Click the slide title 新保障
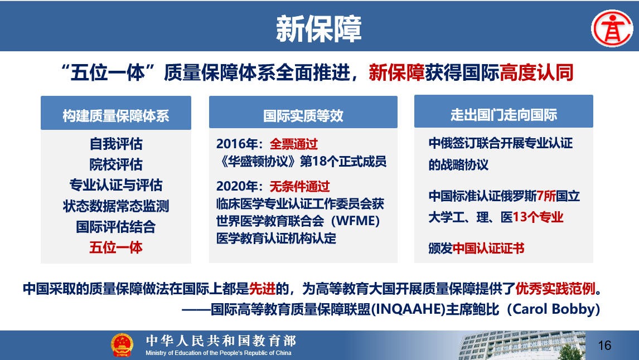pyautogui.click(x=319, y=29)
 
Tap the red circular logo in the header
pyautogui.click(x=612, y=28)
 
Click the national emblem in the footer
pyautogui.click(x=122, y=345)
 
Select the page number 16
pyautogui.click(x=605, y=346)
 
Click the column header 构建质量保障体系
pyautogui.click(x=116, y=116)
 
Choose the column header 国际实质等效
pyautogui.click(x=303, y=116)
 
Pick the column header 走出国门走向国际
pyautogui.click(x=504, y=115)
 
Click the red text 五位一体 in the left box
pyautogui.click(x=116, y=247)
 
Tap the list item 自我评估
pyautogui.click(x=116, y=144)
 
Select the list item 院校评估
pyautogui.click(x=116, y=164)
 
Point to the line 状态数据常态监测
pyautogui.click(x=116, y=206)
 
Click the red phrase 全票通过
pyautogui.click(x=294, y=144)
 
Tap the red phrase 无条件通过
pyautogui.click(x=299, y=187)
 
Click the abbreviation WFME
pyautogui.click(x=355, y=221)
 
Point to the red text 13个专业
pyautogui.click(x=538, y=217)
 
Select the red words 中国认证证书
pyautogui.click(x=488, y=248)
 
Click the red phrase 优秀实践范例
pyautogui.click(x=555, y=289)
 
